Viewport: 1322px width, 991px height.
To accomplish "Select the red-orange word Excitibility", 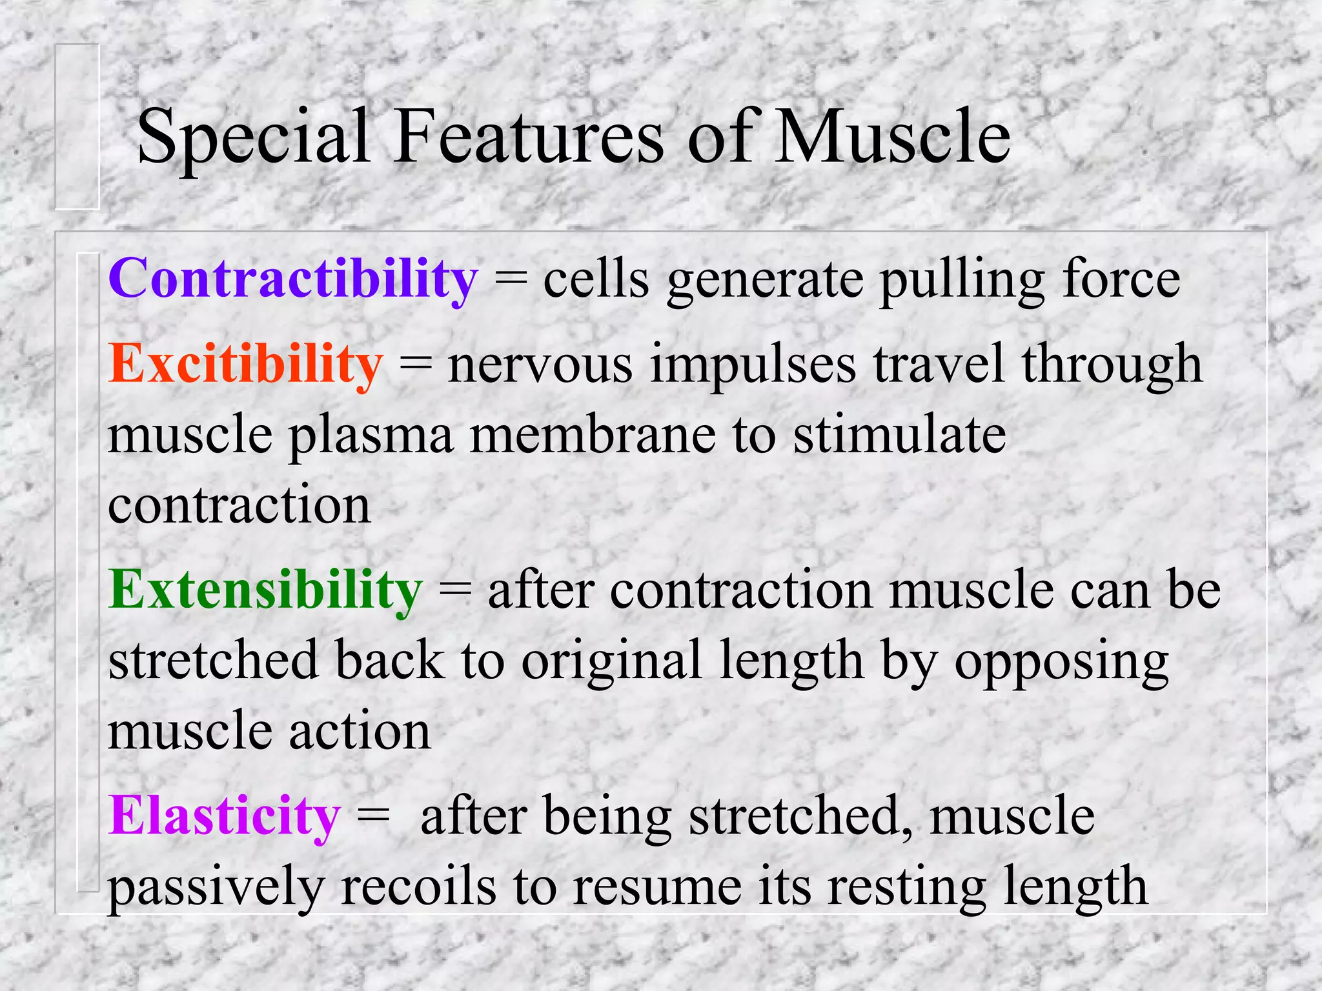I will [245, 365].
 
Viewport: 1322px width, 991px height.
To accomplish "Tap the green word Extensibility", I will [265, 590].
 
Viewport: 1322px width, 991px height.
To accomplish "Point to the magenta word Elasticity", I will [224, 816].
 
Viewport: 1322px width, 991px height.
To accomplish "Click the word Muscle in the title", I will [893, 137].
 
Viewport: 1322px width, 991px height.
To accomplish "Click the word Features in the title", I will [529, 137].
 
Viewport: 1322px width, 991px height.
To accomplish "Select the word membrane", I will [593, 435].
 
